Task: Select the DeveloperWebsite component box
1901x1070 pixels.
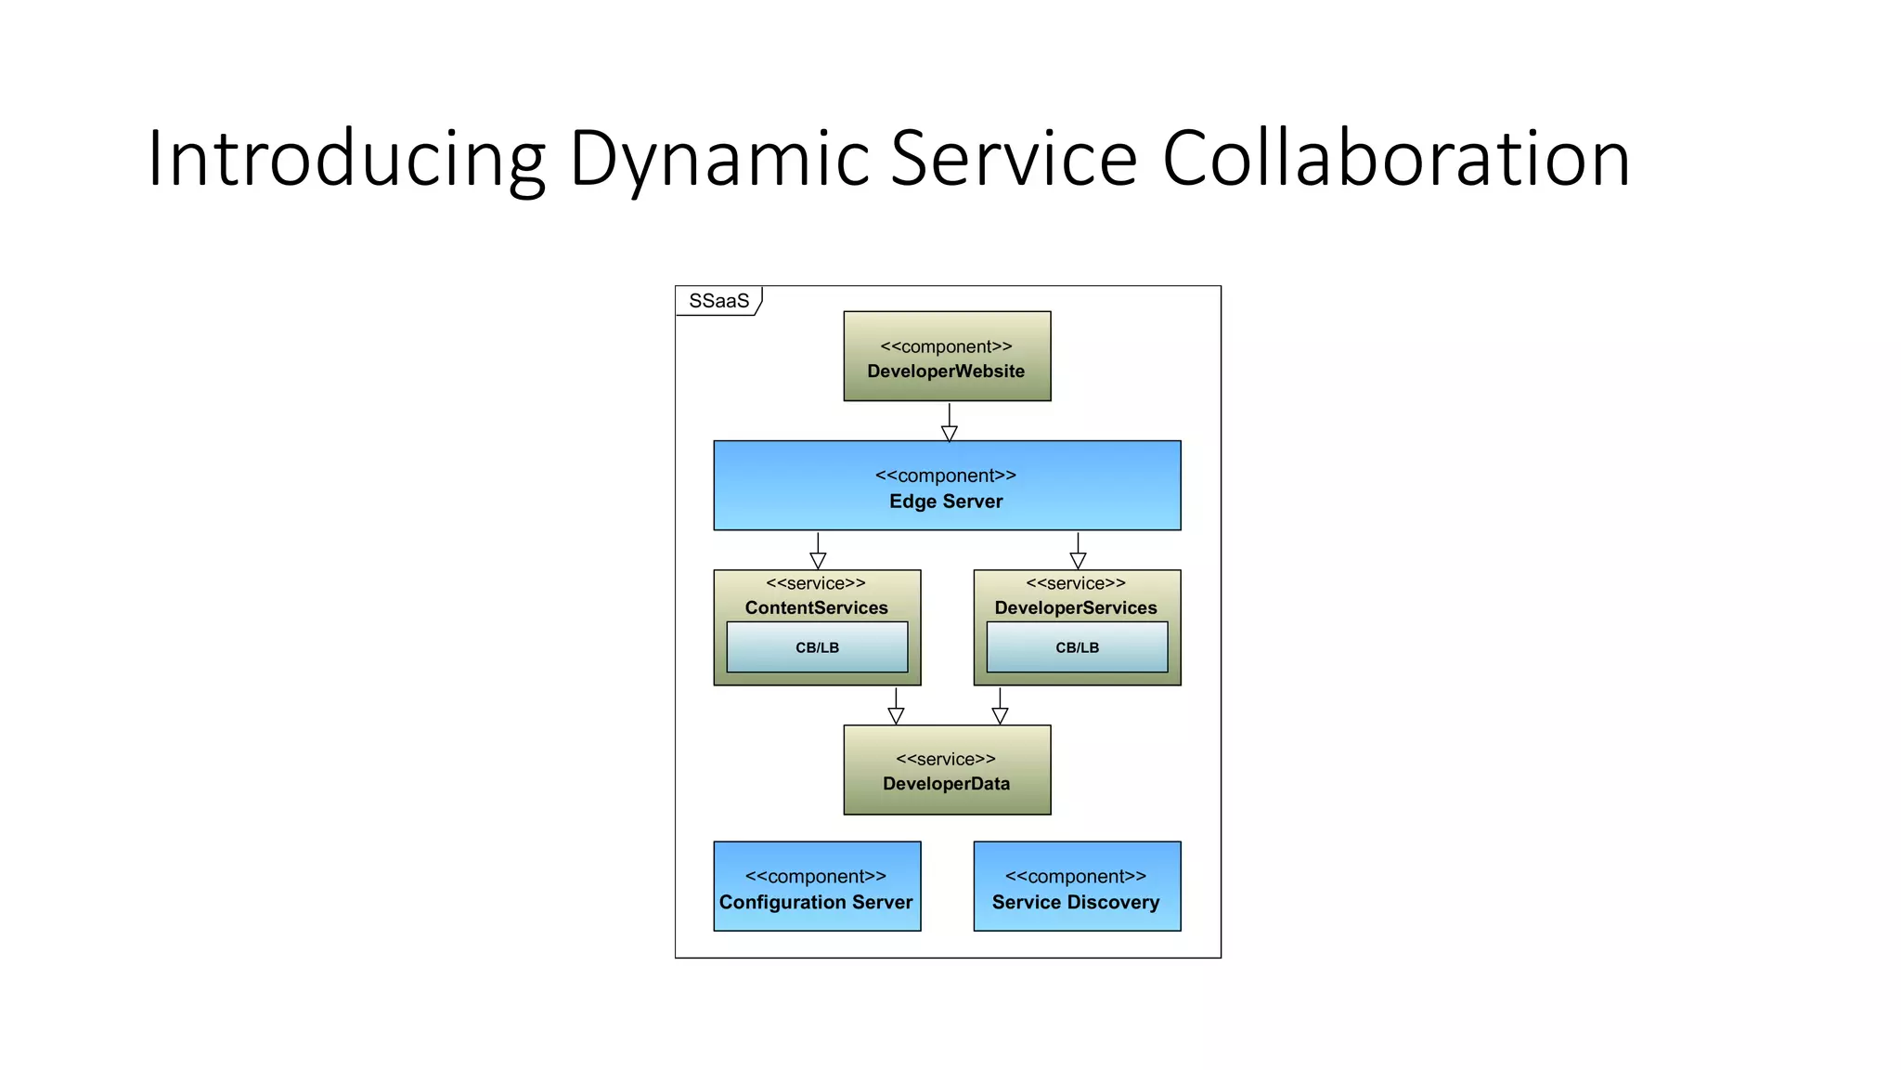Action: coord(947,357)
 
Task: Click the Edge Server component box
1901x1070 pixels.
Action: coord(947,486)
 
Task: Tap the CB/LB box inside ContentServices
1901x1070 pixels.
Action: coord(817,647)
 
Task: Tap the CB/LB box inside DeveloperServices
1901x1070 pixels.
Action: coord(1077,647)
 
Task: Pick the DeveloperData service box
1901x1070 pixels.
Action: coord(947,770)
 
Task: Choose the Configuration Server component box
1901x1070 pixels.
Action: coord(817,887)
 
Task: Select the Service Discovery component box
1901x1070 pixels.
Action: coord(1077,887)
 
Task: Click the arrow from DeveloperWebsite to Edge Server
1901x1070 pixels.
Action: coord(949,423)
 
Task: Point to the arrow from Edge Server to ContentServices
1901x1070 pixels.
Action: coord(818,551)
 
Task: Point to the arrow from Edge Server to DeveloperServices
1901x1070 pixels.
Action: coord(1078,551)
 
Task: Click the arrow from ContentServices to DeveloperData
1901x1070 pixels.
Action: coord(896,706)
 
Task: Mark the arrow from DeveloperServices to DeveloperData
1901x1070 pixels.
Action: coord(1000,706)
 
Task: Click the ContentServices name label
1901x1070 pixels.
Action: coord(817,607)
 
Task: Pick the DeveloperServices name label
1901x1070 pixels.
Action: coord(1076,607)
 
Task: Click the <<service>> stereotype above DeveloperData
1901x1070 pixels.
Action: coord(946,759)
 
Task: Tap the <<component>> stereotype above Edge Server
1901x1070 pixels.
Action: coord(946,476)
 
